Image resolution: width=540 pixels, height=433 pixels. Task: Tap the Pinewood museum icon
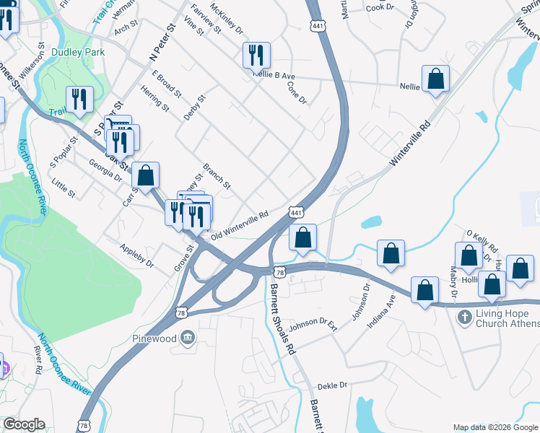pyautogui.click(x=188, y=337)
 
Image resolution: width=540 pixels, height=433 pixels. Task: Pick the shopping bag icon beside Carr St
pyautogui.click(x=145, y=175)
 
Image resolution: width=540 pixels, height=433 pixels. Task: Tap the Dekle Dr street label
pyautogui.click(x=333, y=385)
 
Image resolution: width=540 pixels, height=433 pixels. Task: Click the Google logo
pyautogui.click(x=23, y=424)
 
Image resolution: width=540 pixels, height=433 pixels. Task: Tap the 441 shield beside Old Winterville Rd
pyautogui.click(x=295, y=213)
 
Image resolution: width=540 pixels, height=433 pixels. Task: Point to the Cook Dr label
pyautogui.click(x=380, y=7)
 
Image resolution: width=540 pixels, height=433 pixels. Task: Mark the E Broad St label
pyautogui.click(x=166, y=84)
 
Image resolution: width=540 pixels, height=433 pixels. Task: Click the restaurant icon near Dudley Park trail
pyautogui.click(x=79, y=99)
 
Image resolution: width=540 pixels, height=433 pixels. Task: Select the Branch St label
pyautogui.click(x=216, y=175)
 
